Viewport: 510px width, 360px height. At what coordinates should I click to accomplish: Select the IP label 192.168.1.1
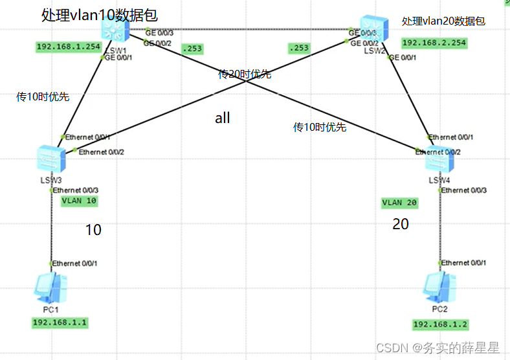pyautogui.click(x=60, y=322)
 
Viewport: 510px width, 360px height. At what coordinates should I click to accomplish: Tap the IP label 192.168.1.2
pyautogui.click(x=439, y=324)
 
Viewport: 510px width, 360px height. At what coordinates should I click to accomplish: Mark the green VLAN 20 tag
pyautogui.click(x=400, y=203)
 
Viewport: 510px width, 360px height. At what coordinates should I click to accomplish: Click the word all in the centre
pyautogui.click(x=223, y=118)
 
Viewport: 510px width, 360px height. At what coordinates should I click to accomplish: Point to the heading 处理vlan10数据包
pyautogui.click(x=100, y=14)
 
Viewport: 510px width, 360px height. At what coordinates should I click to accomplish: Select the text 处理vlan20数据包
pyautogui.click(x=443, y=21)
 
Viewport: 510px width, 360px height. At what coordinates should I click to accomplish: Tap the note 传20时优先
pyautogui.click(x=245, y=74)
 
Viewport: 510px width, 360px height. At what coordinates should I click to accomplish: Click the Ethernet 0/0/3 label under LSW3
pyautogui.click(x=76, y=190)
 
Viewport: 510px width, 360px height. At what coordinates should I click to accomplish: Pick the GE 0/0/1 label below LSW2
pyautogui.click(x=403, y=58)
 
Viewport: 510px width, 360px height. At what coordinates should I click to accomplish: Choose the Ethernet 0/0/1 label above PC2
pyautogui.click(x=464, y=263)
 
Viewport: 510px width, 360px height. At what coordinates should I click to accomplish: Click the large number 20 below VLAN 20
pyautogui.click(x=401, y=225)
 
